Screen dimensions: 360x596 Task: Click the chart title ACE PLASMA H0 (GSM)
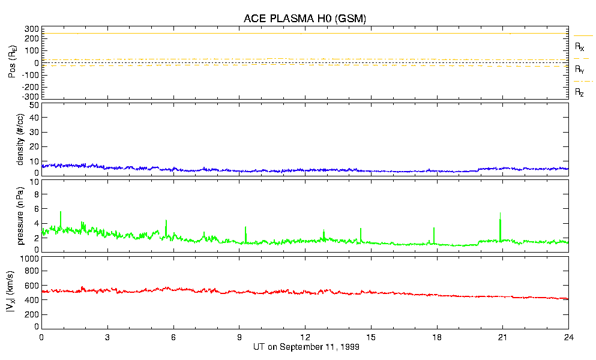pos(305,19)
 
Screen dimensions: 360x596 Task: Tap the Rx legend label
pos(580,46)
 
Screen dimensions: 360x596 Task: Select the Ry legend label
pos(580,70)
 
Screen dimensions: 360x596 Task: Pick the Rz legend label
pos(580,92)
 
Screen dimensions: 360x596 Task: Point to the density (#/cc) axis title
pos(20,139)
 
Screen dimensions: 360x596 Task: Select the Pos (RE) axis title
pos(20,62)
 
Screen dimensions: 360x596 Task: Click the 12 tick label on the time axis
pos(305,338)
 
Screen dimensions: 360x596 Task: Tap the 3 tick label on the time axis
pos(107,338)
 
